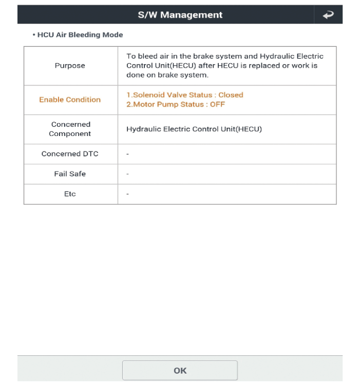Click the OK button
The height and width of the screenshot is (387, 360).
[x=180, y=370]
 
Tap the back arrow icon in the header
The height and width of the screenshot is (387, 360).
[x=328, y=15]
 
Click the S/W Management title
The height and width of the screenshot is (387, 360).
[x=180, y=15]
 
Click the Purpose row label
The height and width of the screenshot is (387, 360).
[x=71, y=66]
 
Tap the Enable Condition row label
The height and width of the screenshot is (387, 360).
[x=70, y=100]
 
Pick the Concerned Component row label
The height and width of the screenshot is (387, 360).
[x=70, y=129]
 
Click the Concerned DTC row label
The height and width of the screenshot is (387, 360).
[x=70, y=153]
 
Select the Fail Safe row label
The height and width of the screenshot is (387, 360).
[x=70, y=174]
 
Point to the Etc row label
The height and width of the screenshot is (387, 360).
[x=70, y=195]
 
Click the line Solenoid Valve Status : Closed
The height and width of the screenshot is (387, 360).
[x=184, y=95]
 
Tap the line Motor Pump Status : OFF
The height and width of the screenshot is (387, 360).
[x=176, y=105]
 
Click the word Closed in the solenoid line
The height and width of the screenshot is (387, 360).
[x=231, y=95]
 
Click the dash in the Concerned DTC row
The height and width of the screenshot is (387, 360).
[x=127, y=153]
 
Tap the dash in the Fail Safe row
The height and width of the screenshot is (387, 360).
[x=127, y=174]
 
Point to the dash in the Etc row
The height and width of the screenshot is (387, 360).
[x=127, y=195]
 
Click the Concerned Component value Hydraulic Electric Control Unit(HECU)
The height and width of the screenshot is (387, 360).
[x=194, y=129]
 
